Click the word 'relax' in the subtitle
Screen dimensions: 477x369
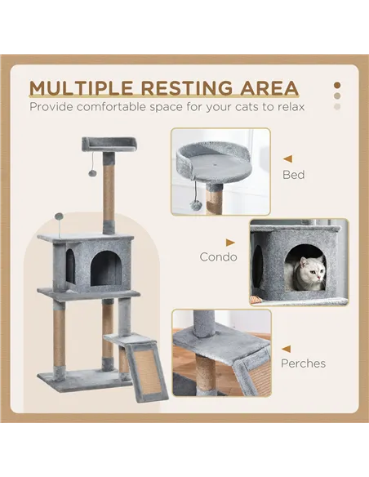[287, 107]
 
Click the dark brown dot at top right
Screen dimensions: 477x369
[337, 84]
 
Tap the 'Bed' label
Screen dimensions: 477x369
[293, 175]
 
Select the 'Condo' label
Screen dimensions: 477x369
[218, 256]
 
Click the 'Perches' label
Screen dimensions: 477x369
[303, 363]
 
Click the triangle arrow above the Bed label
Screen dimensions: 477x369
[287, 159]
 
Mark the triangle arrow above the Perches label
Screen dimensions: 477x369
[287, 346]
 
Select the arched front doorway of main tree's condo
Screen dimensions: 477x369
[104, 269]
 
